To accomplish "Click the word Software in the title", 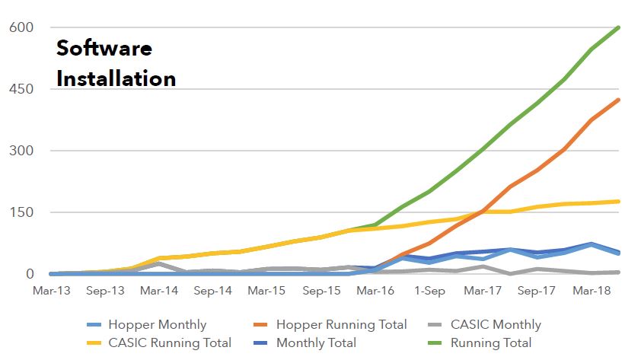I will [x=104, y=49].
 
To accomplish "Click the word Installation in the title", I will [x=116, y=78].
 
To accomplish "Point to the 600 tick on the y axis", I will [x=21, y=27].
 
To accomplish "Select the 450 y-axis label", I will [x=21, y=89].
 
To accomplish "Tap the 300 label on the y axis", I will [x=21, y=151].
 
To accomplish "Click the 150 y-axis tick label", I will [x=21, y=212].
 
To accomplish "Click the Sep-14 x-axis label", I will [x=213, y=291].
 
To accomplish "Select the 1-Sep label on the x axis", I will [x=429, y=291].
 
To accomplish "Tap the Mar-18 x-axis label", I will [x=592, y=291].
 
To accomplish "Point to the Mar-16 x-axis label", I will [x=375, y=291].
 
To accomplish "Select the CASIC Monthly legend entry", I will [x=495, y=325].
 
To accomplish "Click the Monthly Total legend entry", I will [x=315, y=343].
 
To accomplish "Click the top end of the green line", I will [x=618, y=27].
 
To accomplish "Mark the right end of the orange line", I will [x=618, y=100].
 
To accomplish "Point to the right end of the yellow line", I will [x=618, y=202].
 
